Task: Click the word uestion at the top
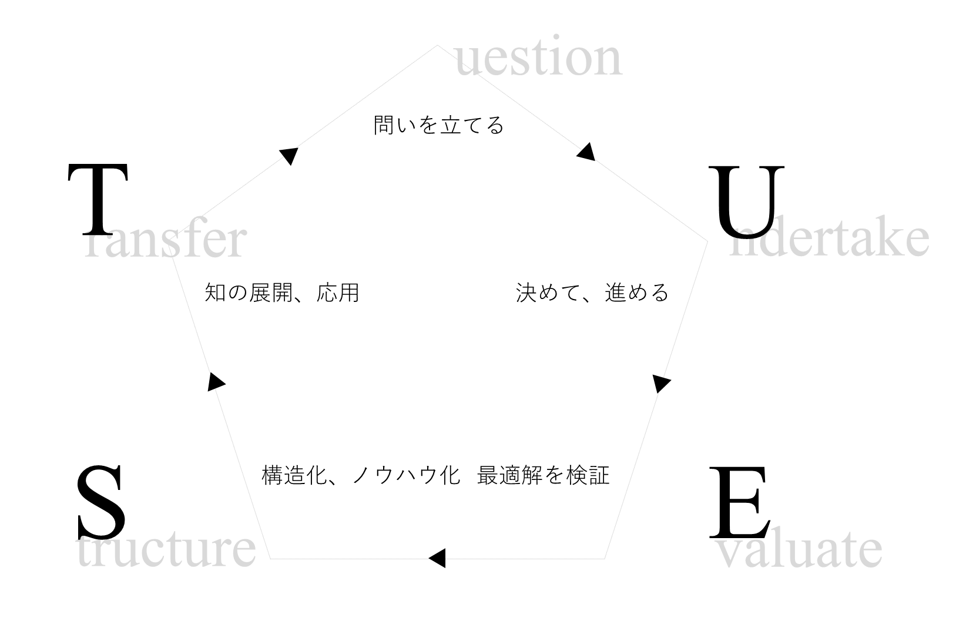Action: (x=538, y=59)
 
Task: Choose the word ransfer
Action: (x=164, y=240)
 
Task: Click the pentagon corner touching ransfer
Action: (x=170, y=255)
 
